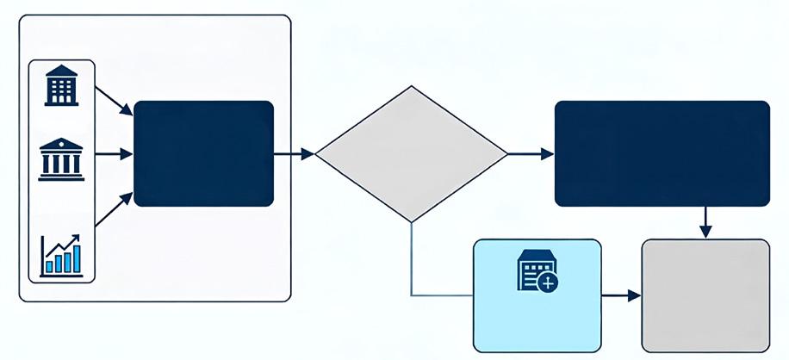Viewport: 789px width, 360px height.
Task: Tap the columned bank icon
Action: tap(61, 159)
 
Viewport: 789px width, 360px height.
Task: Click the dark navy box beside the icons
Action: tap(204, 153)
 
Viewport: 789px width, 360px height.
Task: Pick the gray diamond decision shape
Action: tap(411, 154)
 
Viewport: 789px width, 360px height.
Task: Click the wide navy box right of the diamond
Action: tap(662, 153)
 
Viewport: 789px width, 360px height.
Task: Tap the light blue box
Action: tap(537, 295)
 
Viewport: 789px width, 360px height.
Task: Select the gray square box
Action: tap(705, 295)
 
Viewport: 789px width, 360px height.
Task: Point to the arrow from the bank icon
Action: tap(113, 155)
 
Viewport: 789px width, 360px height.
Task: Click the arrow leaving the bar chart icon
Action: tap(113, 212)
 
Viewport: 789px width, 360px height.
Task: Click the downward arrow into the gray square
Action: tap(705, 222)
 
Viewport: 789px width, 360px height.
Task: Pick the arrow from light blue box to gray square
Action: tap(621, 295)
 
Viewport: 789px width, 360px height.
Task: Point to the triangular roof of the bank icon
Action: tap(61, 145)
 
